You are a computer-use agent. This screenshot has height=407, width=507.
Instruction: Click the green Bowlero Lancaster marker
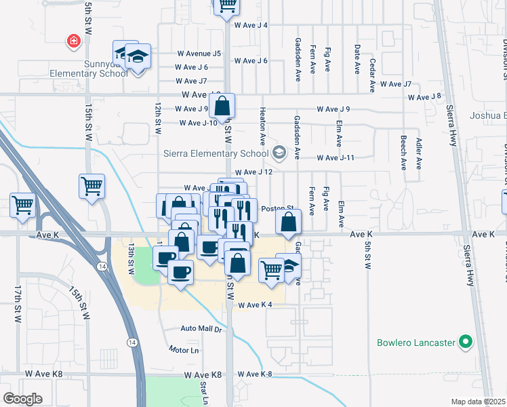point(465,343)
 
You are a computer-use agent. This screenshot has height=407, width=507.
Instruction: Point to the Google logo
point(22,398)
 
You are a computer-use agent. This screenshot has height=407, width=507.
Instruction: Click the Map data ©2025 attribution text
point(478,402)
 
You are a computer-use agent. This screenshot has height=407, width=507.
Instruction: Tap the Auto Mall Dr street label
point(201,329)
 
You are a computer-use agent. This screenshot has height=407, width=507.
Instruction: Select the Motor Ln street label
point(184,350)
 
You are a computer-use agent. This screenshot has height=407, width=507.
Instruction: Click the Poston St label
point(277,209)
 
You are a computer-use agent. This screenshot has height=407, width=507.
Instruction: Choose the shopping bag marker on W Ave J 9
point(222,106)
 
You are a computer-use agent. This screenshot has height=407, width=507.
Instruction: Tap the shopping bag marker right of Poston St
point(289,221)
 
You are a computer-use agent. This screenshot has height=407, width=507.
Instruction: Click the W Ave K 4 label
point(255,305)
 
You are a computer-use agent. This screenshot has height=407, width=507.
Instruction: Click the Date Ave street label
point(357,58)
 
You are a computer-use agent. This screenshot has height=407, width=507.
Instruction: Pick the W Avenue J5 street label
point(199,54)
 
